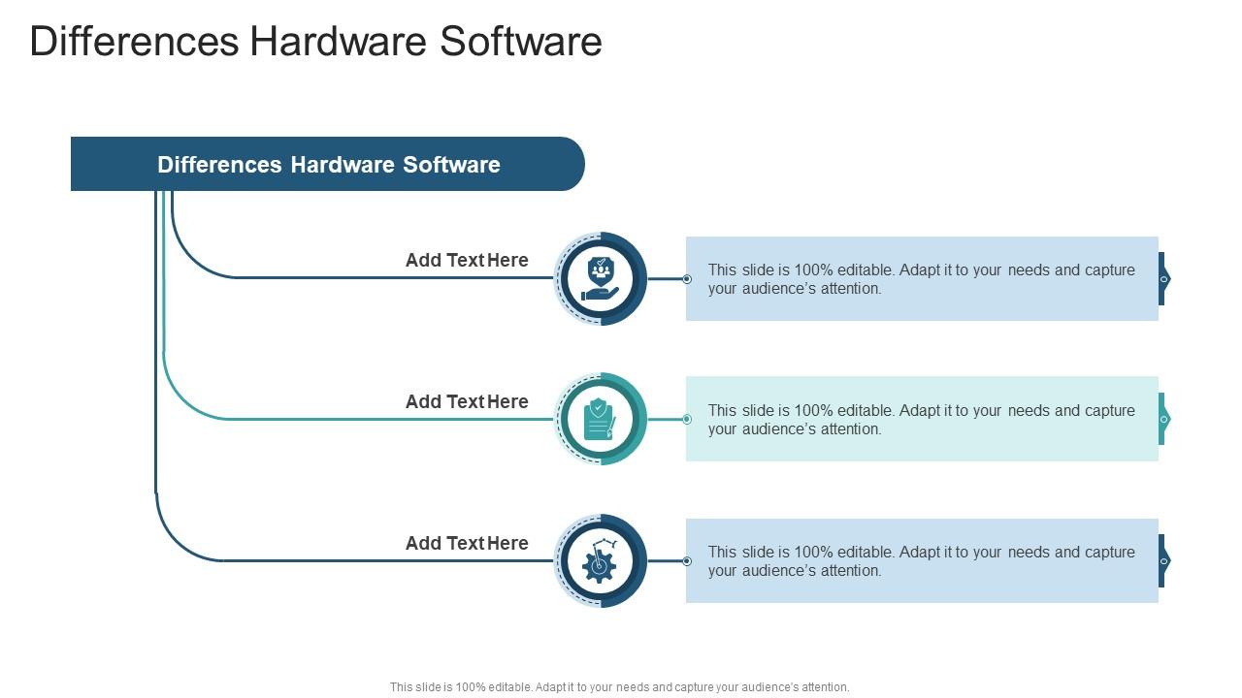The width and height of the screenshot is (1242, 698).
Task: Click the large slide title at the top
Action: [316, 42]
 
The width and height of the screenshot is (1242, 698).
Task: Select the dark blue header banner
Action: [328, 164]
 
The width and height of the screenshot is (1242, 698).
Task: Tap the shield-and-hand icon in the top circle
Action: [601, 278]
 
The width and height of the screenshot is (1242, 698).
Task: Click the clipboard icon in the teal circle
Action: [600, 420]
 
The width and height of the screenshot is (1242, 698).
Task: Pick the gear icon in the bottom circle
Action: [600, 560]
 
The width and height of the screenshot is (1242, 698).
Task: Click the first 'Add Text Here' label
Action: [467, 260]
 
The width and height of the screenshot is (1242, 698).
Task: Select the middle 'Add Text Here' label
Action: [467, 401]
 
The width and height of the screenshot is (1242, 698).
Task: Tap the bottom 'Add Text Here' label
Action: [467, 543]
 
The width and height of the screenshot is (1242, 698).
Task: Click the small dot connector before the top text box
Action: [687, 279]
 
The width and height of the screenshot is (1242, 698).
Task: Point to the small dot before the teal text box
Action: [687, 420]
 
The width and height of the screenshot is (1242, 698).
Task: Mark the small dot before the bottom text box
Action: [687, 561]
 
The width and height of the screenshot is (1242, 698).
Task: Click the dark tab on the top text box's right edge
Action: [1163, 278]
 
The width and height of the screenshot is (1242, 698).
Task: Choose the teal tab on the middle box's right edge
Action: [1163, 419]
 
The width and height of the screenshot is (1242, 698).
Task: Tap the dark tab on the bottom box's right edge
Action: [1163, 560]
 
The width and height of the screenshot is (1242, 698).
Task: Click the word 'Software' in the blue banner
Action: [451, 165]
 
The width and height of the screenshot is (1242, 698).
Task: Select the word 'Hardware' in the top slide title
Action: [339, 42]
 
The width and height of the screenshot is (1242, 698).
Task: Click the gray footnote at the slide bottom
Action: [619, 687]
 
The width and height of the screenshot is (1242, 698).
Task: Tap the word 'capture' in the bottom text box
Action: [1110, 553]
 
